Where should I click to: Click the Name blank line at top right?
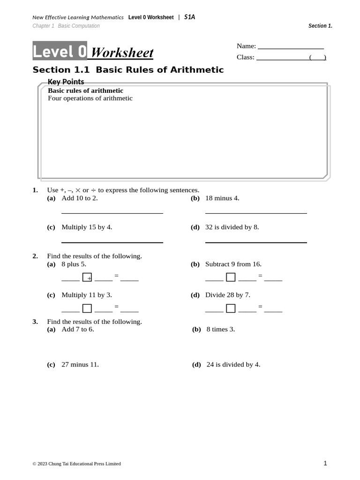pyautogui.click(x=291, y=48)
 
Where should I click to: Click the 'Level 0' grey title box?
pyautogui.click(x=60, y=51)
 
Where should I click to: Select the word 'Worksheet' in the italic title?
pyautogui.click(x=122, y=53)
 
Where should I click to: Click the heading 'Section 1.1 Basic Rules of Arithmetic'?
pyautogui.click(x=128, y=70)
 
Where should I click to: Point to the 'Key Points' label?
pyautogui.click(x=66, y=82)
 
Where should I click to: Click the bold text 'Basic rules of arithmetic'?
pyautogui.click(x=86, y=90)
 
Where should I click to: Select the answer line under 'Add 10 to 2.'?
pyautogui.click(x=112, y=213)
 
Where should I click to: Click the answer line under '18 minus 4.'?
pyautogui.click(x=256, y=213)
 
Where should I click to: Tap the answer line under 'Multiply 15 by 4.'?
pyautogui.click(x=112, y=242)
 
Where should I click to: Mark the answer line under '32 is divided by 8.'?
pyautogui.click(x=256, y=242)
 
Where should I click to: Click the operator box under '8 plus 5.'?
pyautogui.click(x=87, y=277)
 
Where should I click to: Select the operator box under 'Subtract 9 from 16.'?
pyautogui.click(x=231, y=277)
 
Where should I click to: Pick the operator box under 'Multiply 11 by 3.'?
pyautogui.click(x=87, y=308)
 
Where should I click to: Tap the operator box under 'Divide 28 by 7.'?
pyautogui.click(x=231, y=308)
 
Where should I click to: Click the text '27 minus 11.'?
pyautogui.click(x=80, y=364)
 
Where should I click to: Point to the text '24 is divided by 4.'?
pyautogui.click(x=233, y=364)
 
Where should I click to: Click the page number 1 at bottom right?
pyautogui.click(x=325, y=463)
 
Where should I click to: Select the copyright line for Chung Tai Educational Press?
pyautogui.click(x=76, y=464)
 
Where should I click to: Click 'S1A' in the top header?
pyautogui.click(x=189, y=17)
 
